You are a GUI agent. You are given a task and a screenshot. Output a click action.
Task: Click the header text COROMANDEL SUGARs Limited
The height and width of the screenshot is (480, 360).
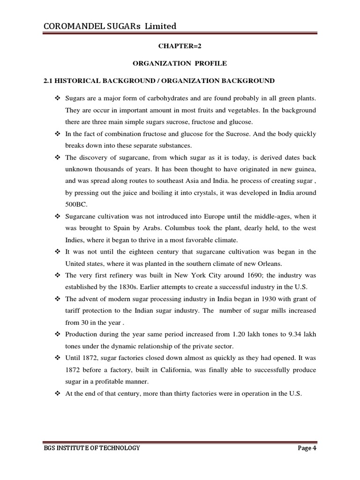[110, 26]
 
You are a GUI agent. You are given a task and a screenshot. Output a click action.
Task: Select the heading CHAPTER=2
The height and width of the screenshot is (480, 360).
[180, 46]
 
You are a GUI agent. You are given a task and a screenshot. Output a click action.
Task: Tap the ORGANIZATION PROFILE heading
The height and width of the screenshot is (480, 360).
[180, 63]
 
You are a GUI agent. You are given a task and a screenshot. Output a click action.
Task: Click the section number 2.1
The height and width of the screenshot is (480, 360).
[48, 81]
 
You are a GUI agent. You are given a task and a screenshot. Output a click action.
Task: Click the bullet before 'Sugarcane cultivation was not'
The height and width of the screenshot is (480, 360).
[58, 216]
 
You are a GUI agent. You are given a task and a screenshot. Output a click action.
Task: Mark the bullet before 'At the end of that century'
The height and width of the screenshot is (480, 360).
[58, 394]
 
